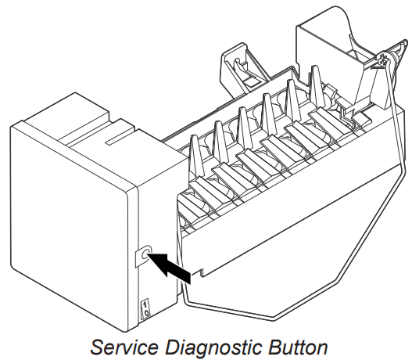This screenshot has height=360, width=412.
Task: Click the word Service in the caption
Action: click(124, 347)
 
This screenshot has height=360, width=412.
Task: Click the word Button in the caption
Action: click(298, 347)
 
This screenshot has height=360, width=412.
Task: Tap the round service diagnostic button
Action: click(145, 254)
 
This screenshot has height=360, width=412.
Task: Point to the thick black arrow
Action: click(170, 268)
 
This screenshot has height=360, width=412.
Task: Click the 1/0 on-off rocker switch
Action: click(145, 309)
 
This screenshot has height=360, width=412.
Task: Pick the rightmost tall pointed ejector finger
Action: click(315, 85)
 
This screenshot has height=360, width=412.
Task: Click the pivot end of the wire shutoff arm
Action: click(384, 57)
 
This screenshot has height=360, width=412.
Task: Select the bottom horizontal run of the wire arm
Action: click(228, 310)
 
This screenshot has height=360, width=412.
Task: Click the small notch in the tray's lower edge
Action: click(202, 272)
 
